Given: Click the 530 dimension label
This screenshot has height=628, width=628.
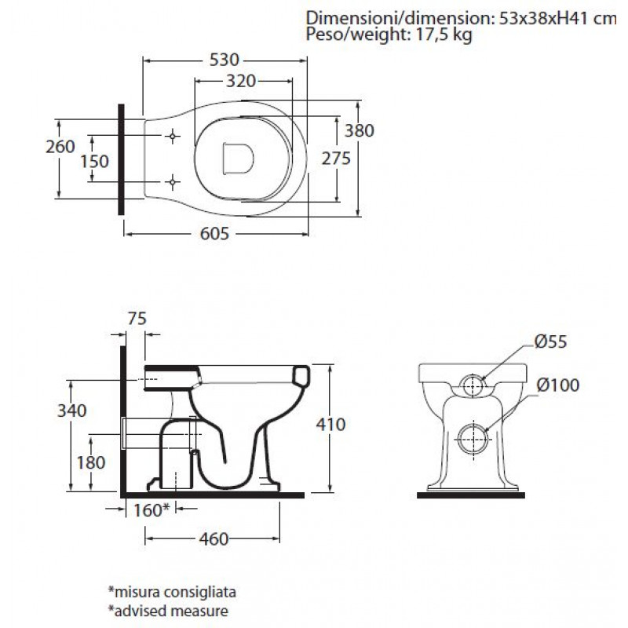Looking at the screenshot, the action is coord(225,60).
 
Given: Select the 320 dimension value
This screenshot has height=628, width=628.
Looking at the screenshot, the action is coord(241,82).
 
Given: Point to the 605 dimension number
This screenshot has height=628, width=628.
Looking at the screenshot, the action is coord(214,233).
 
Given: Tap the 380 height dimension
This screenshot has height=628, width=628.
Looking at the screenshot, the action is coord(360,130).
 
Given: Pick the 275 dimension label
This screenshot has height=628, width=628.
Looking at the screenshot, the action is coord(336,159).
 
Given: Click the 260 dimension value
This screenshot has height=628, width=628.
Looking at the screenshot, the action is coord(60,147).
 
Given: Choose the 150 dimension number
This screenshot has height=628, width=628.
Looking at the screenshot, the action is coord(94,162).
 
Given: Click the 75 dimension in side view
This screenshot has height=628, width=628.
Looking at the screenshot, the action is coord(137,319).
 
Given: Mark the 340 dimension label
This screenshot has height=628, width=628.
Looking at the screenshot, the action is coord(72,411).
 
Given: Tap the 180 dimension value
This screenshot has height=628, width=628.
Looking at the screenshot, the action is coord(91,462).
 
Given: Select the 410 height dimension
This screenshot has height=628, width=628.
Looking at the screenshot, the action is coord(330,425).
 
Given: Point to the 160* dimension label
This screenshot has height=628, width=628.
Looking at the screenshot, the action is coord(152,509).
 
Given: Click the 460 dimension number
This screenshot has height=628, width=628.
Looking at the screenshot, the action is coord(214,539).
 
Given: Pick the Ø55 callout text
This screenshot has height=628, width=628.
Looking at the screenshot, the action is coord(551,341).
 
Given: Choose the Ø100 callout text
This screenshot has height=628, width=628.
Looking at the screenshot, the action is coord(558,385).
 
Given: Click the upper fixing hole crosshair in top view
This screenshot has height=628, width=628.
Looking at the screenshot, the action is coord(172,137).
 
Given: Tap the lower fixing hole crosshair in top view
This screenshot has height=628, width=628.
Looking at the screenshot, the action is coord(172,182).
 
